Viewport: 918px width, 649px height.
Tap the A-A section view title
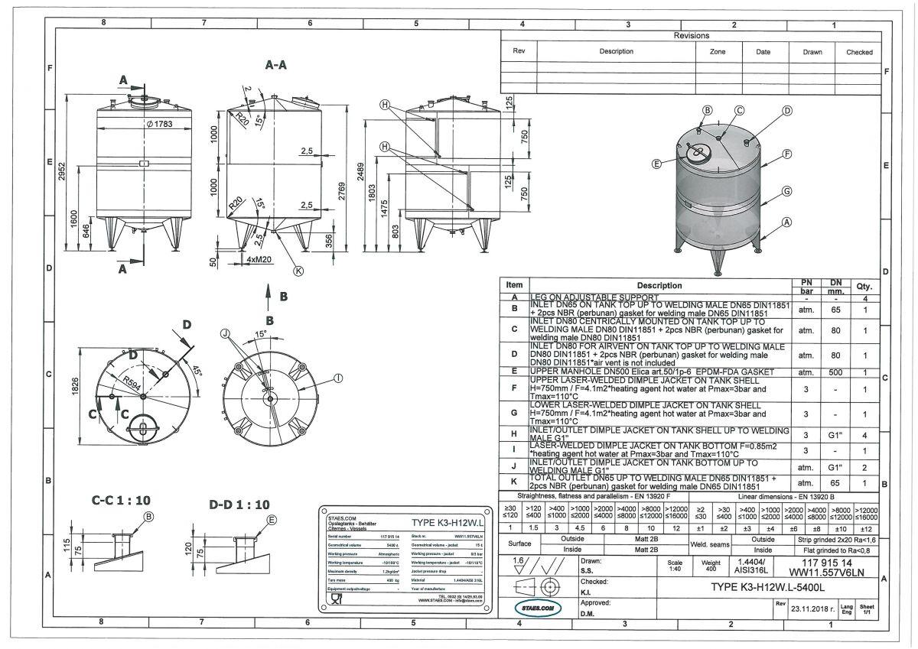pyautogui.click(x=276, y=66)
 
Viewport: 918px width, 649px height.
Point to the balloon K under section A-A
pyautogui.click(x=299, y=270)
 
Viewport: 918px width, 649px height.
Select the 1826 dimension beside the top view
pyautogui.click(x=74, y=388)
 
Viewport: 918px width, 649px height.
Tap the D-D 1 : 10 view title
pyautogui.click(x=239, y=505)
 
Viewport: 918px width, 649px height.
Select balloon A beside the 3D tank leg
pyautogui.click(x=786, y=222)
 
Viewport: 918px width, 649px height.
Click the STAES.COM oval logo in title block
pyautogui.click(x=537, y=608)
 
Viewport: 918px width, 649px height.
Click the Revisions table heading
pyautogui.click(x=692, y=36)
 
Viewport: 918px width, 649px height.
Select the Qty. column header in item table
pyautogui.click(x=865, y=287)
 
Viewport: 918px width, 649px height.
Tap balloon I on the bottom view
pyautogui.click(x=337, y=377)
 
